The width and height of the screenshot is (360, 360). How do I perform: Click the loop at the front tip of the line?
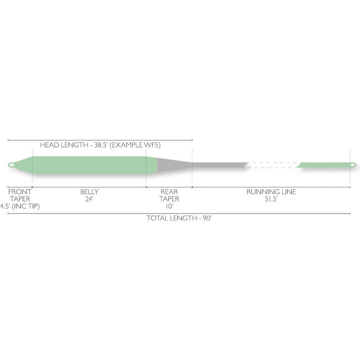(11, 165)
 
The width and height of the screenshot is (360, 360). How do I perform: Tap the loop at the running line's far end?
(353, 165)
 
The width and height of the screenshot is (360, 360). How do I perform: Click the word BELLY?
(89, 191)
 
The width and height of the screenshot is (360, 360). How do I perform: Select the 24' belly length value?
(89, 199)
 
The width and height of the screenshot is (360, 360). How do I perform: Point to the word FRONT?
(19, 191)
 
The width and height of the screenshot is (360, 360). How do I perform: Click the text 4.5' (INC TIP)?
(19, 206)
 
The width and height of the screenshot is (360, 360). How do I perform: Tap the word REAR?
(169, 191)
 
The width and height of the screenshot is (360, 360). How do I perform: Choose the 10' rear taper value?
(169, 206)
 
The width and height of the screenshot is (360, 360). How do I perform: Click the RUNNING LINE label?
(271, 191)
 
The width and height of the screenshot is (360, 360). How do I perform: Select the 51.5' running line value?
(271, 199)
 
